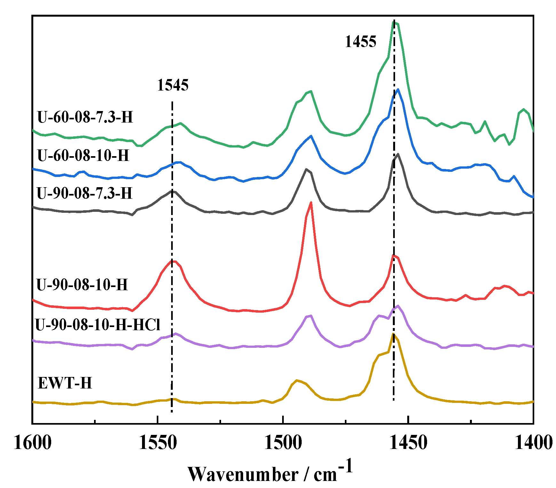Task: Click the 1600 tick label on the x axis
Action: pos(33,443)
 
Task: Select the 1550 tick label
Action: pos(158,443)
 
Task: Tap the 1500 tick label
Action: pos(283,443)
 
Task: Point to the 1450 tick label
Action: pos(408,443)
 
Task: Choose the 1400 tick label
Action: pos(533,443)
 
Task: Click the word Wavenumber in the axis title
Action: pos(243,474)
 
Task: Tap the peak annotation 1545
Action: pos(173,85)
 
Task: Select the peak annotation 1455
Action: pos(361,42)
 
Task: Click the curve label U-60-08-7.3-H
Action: pos(85,117)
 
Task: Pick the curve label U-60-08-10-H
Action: pos(83,156)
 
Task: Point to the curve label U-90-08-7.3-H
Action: pos(84,193)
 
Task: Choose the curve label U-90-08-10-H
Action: pos(82,284)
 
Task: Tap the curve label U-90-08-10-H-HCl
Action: pos(98,325)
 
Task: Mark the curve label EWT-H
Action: pos(65,383)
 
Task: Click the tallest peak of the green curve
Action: pos(395,22)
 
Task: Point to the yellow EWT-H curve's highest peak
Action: pos(393,334)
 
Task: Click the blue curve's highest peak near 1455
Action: pos(398,90)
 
